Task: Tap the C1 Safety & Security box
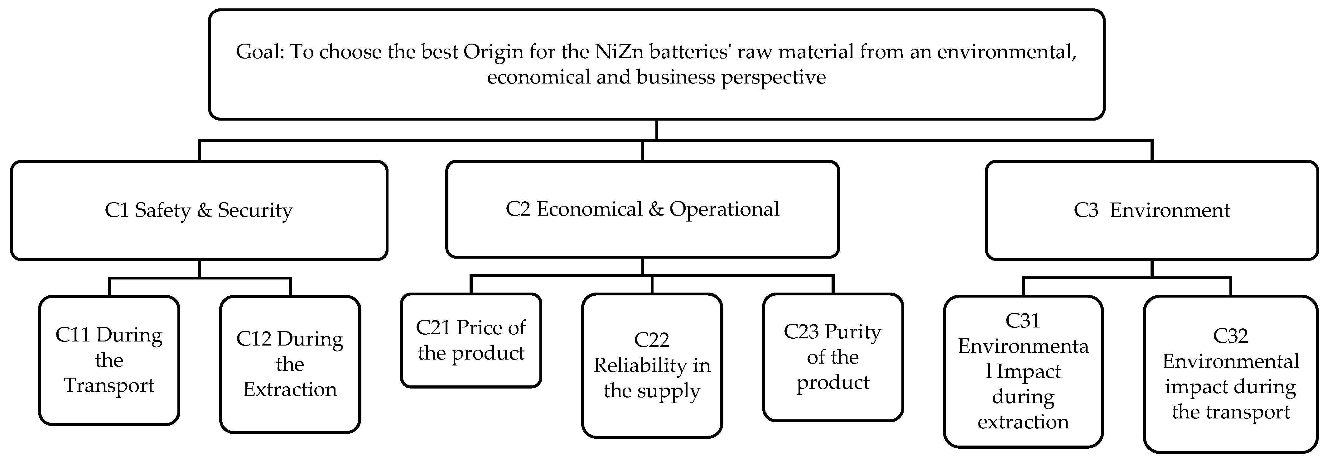(199, 210)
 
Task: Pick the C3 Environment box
(1151, 210)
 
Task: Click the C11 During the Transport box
(109, 360)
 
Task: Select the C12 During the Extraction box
(290, 364)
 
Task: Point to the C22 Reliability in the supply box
(652, 365)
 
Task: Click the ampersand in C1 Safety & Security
(205, 210)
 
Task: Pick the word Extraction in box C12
(290, 389)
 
